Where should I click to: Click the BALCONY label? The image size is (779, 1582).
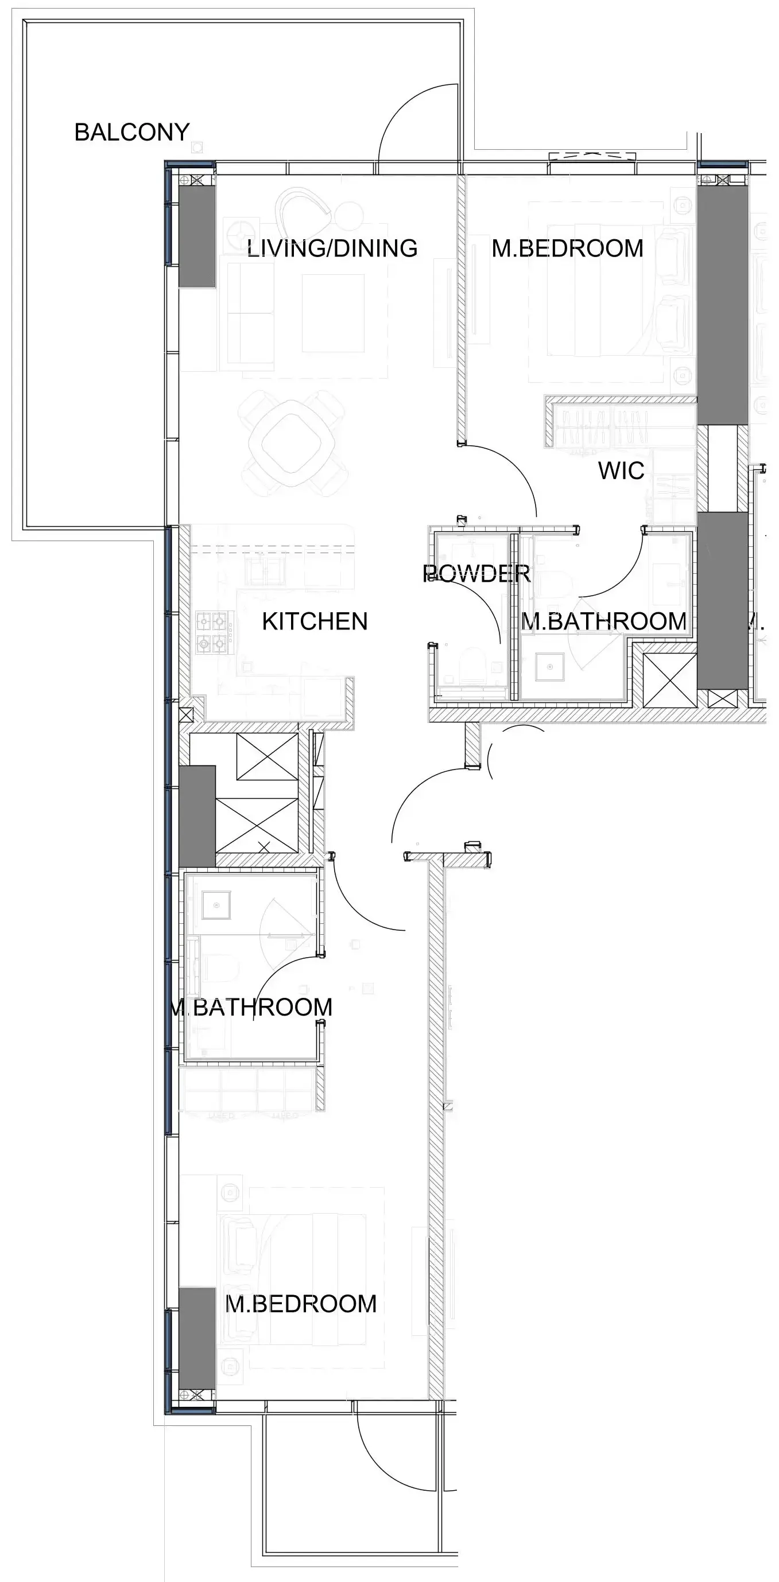[x=131, y=132]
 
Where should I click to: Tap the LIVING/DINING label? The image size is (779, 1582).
[x=332, y=248]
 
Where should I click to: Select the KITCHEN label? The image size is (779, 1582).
[x=315, y=621]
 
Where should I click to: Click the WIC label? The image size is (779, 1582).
[x=621, y=471]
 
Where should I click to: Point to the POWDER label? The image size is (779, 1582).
[x=476, y=574]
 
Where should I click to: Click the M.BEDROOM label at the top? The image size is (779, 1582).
[x=568, y=248]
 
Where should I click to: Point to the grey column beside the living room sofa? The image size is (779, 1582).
[x=196, y=236]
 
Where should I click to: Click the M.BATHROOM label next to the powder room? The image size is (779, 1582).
[x=604, y=621]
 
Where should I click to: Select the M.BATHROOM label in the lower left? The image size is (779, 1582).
[x=251, y=1007]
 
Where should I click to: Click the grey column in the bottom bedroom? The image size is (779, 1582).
[x=196, y=1330]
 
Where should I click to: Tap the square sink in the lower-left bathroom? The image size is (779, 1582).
[x=216, y=904]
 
